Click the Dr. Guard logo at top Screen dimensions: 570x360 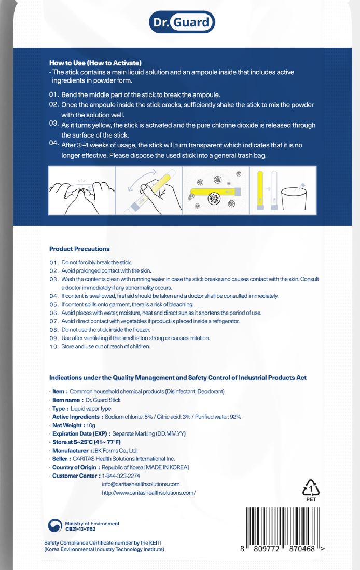[x=181, y=22]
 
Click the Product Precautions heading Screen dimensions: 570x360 [x=79, y=249]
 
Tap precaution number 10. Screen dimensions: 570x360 [x=55, y=346]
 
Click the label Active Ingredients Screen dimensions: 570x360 [x=76, y=417]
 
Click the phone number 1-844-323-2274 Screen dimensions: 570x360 [x=121, y=476]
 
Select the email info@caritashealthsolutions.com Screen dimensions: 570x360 [x=141, y=484]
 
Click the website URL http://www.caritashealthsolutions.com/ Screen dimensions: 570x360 [x=149, y=492]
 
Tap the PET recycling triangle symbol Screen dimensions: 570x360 [x=311, y=488]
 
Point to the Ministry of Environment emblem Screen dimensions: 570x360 [x=54, y=526]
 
